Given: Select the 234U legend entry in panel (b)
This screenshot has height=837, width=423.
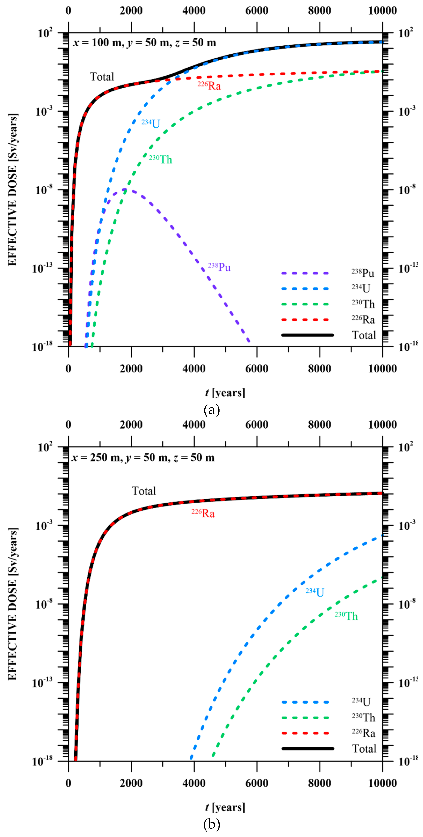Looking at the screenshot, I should click(x=361, y=702).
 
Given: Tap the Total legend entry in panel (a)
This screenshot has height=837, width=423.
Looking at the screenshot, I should click(x=364, y=335).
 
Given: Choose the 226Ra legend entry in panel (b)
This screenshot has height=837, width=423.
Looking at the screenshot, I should click(x=363, y=733).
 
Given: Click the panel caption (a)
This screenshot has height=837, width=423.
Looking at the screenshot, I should click(x=212, y=410).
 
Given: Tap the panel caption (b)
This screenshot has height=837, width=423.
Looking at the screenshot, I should click(x=212, y=824).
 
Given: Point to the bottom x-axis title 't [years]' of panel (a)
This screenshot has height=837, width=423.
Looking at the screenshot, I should click(x=225, y=393).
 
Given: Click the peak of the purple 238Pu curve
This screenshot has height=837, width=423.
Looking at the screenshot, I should click(x=124, y=189).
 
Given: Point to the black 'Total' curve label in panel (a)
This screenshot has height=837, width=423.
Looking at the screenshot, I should click(x=102, y=77).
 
